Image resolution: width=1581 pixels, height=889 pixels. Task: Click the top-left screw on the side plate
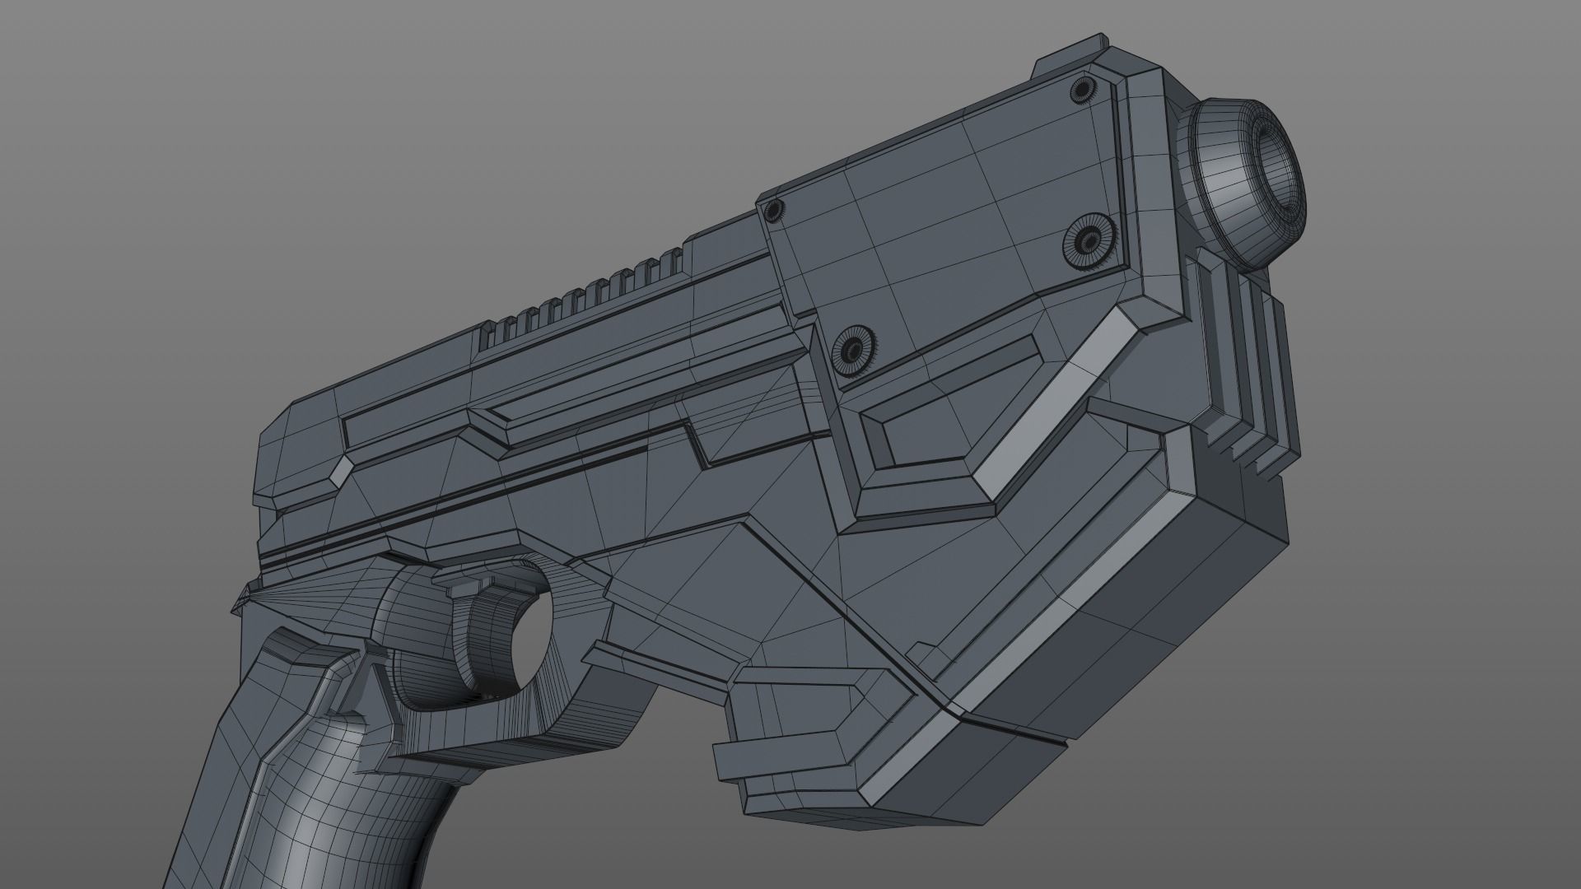coord(772,212)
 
